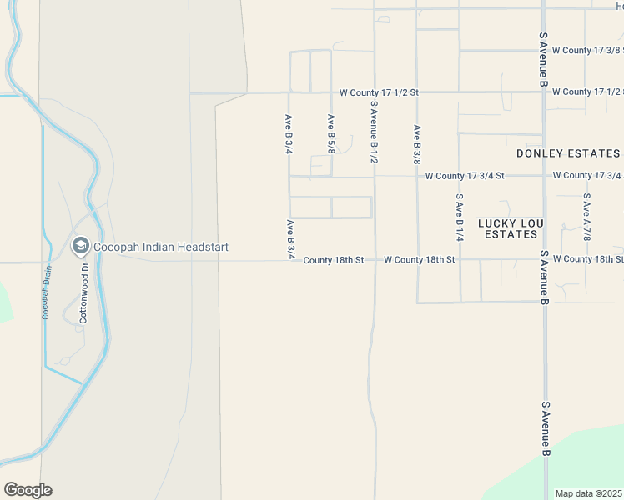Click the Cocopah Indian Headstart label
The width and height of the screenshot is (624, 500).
160,247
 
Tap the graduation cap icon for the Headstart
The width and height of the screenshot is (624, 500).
81,246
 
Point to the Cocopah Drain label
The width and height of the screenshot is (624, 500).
47,292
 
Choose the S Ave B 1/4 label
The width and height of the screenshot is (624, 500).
459,218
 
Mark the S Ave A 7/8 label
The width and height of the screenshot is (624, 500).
586,218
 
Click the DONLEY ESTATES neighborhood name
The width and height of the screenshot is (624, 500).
568,153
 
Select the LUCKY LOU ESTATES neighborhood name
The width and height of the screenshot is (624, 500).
511,229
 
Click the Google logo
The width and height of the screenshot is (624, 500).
28,490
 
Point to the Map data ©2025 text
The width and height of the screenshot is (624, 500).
589,493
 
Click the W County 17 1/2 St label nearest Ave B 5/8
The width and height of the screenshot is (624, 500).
379,92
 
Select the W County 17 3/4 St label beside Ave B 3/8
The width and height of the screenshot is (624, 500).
465,176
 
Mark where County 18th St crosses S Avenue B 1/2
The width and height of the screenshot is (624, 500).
374,260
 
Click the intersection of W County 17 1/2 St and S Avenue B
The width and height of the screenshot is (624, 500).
544,92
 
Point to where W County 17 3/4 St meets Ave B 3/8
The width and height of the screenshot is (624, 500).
417,176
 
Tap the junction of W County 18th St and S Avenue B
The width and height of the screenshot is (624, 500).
544,259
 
